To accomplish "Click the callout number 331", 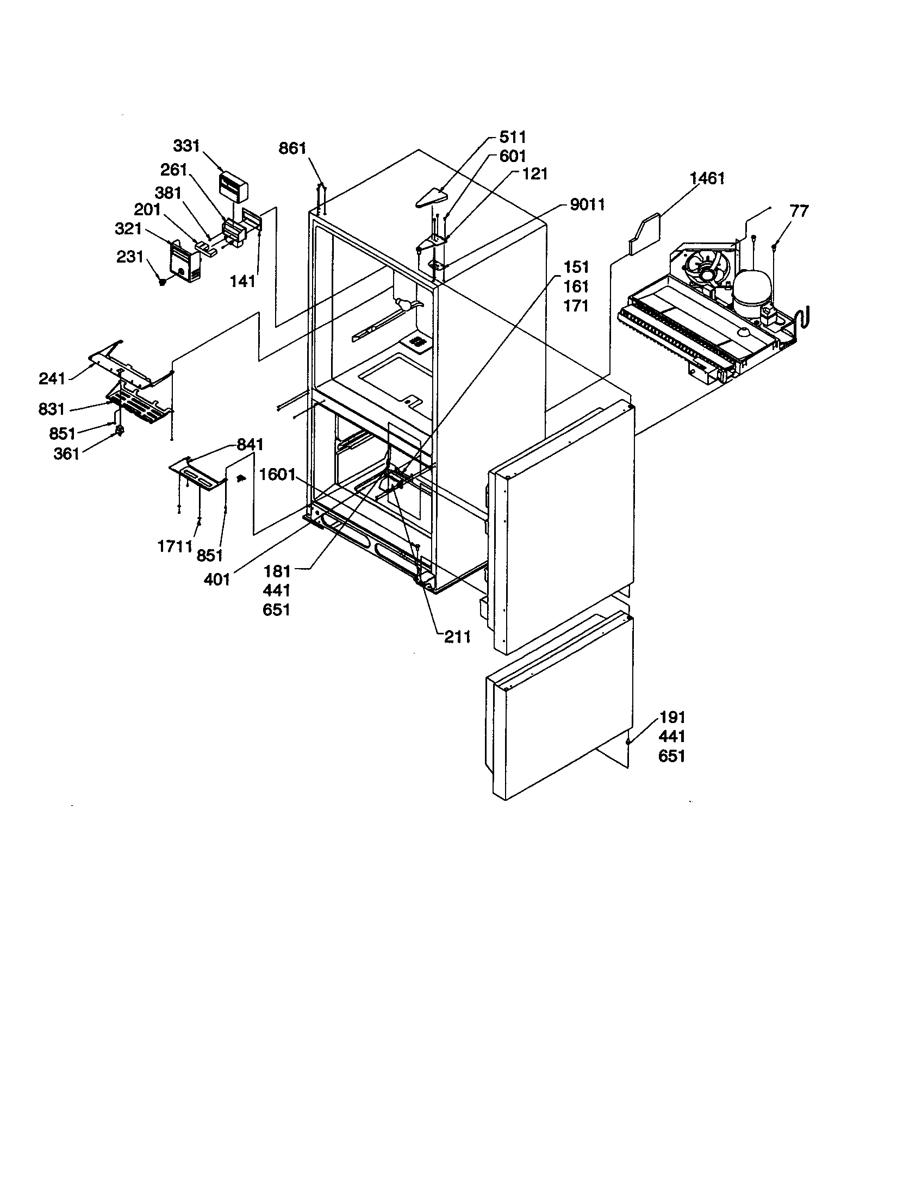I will tap(186, 146).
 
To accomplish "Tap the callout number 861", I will tap(292, 148).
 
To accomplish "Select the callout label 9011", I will tap(587, 205).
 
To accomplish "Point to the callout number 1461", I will tap(707, 178).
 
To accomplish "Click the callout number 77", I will tap(799, 211).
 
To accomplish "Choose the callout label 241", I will tap(52, 378).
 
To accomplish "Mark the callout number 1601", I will tap(278, 474).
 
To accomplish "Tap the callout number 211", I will tap(457, 637).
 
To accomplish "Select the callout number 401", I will tap(217, 580).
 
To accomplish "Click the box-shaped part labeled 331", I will tap(234, 186).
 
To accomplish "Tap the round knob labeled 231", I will tap(163, 282).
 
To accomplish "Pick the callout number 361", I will tap(66, 453).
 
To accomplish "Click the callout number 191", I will tap(672, 718).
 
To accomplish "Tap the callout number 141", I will tap(242, 281).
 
